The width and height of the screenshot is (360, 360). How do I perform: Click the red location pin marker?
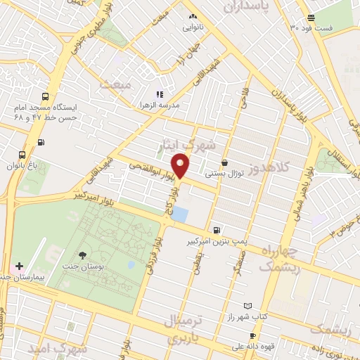pyautogui.click(x=181, y=167)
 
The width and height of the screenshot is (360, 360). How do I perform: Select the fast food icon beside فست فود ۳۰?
pyautogui.click(x=311, y=18)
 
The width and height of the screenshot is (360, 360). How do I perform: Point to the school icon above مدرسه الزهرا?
pyautogui.click(x=160, y=94)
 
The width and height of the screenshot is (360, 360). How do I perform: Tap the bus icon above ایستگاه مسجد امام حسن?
pyautogui.click(x=45, y=98)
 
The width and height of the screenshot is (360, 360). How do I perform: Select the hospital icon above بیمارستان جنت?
pyautogui.click(x=20, y=267)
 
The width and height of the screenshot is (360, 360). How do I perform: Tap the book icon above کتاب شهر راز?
pyautogui.click(x=246, y=306)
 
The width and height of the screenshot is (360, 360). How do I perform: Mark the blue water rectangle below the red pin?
pyautogui.click(x=180, y=213)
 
